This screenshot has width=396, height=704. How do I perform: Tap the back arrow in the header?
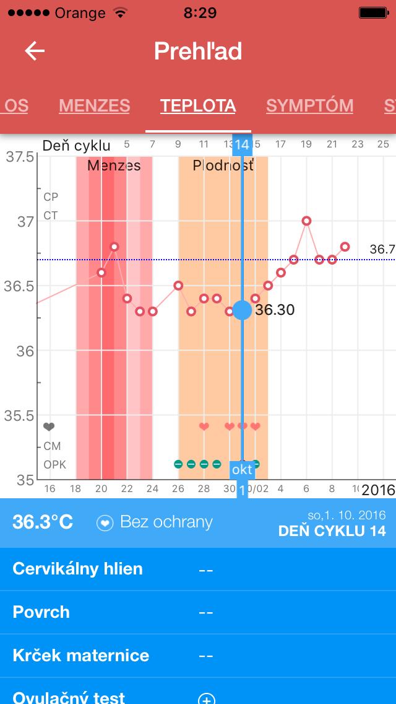pos(35,51)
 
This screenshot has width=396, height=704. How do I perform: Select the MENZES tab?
pos(94,105)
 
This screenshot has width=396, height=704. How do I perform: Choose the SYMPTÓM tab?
pos(309,105)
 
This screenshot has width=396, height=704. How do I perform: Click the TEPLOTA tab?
pos(198,105)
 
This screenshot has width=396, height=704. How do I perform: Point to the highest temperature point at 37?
pos(306,221)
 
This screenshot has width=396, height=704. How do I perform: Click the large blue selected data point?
pos(242,310)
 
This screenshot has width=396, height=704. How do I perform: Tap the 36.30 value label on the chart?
pos(275,310)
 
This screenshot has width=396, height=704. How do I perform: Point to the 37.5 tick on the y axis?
pos(20,157)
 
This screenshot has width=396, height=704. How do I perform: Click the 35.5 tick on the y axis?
pos(20,416)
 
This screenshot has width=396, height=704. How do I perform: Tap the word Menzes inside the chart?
pos(114,165)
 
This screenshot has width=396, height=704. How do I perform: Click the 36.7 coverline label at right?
pos(382,249)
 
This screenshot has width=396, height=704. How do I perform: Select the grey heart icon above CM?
pos(49,427)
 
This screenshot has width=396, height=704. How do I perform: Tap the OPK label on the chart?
pos(54,464)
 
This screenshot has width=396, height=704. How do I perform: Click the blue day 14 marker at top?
pos(242,145)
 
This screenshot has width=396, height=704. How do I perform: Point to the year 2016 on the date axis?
pos(378,490)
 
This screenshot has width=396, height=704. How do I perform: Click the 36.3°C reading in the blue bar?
pos(43,522)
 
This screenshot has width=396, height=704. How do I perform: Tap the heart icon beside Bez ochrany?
pos(105,522)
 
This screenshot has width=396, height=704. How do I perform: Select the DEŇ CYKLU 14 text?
pos(332,531)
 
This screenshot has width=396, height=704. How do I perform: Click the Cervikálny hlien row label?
pos(77,568)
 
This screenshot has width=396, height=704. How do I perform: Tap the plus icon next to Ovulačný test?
pos(206,698)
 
